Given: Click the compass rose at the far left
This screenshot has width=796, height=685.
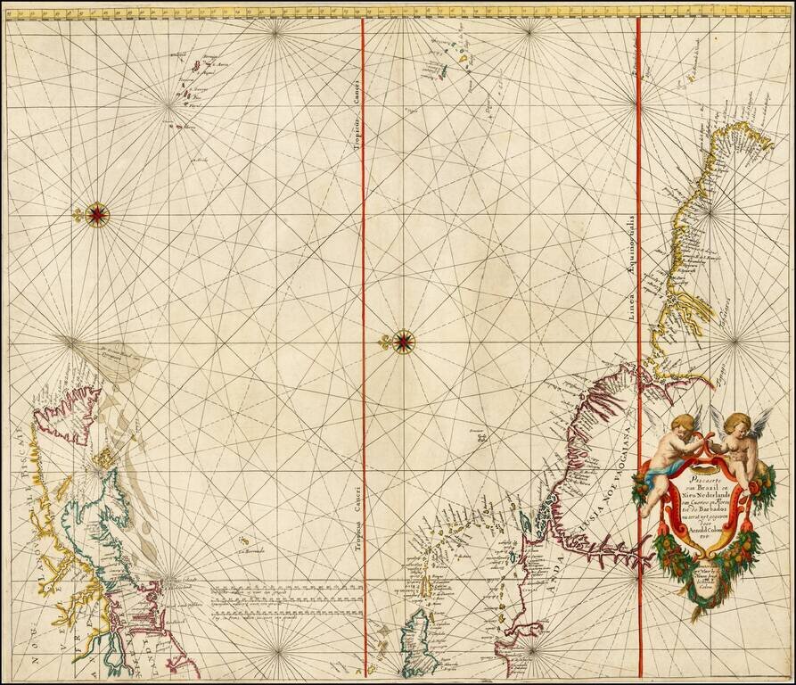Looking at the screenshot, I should pyautogui.click(x=98, y=213).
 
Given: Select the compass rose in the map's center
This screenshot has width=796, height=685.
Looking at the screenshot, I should pyautogui.click(x=404, y=340).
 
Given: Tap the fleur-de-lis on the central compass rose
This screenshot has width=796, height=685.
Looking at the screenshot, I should pyautogui.click(x=384, y=341).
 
